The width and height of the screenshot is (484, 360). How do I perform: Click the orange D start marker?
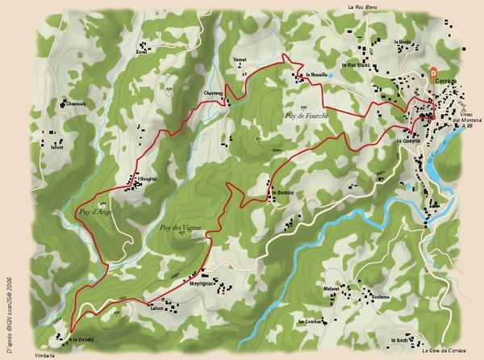(x=433, y=72)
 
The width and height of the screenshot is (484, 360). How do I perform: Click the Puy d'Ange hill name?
(x=95, y=211)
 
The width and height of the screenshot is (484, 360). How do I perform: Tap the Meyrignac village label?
(x=203, y=284)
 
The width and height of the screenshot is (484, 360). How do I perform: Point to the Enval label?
(x=142, y=52)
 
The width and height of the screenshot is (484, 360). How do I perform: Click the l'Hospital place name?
(x=147, y=178)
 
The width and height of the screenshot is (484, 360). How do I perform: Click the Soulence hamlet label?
(x=381, y=296)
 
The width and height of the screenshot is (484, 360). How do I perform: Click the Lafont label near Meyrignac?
(x=157, y=308)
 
